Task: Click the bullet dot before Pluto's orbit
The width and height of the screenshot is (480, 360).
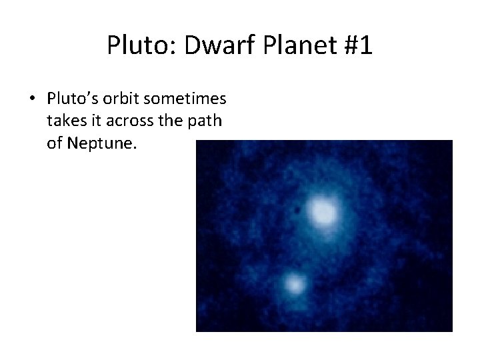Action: [33, 100]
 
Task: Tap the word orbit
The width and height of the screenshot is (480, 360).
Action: [122, 99]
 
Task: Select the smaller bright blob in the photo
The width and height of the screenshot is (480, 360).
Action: [294, 285]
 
